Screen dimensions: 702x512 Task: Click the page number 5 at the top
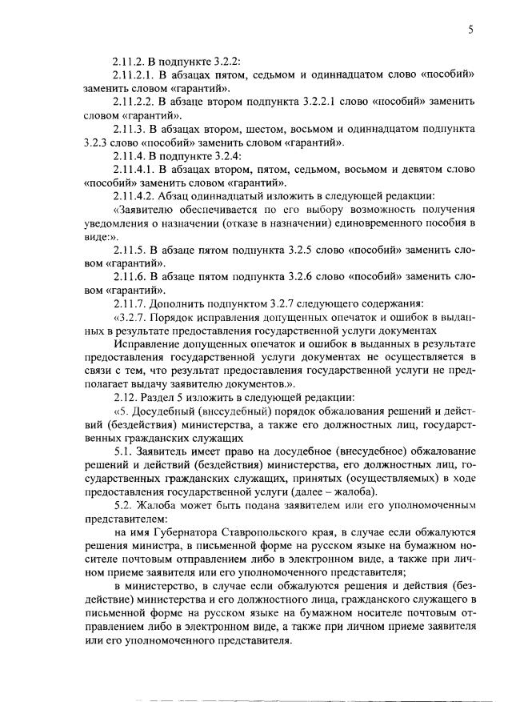[x=471, y=30]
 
